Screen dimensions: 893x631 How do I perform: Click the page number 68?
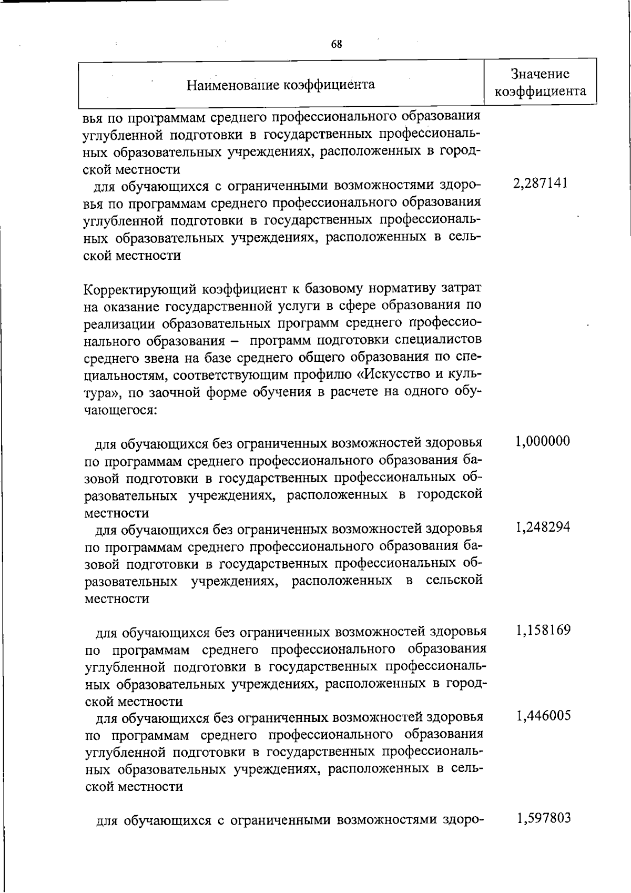click(337, 44)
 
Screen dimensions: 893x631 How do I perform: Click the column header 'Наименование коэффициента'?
click(281, 85)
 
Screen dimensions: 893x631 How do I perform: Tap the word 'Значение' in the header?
click(541, 74)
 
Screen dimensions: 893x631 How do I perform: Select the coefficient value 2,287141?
click(540, 184)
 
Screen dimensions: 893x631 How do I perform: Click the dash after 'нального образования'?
click(233, 341)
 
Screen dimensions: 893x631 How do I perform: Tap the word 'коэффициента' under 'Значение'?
click(541, 92)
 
